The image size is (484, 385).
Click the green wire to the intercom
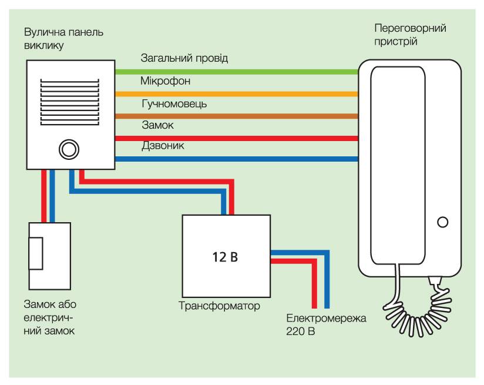(235, 72)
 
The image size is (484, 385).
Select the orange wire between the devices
(235, 93)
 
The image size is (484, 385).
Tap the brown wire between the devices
(235, 116)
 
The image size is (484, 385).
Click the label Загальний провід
(184, 59)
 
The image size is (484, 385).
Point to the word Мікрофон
(165, 81)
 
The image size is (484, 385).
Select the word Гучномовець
(174, 103)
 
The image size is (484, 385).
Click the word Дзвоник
(163, 146)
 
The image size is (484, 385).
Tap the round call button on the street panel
(68, 149)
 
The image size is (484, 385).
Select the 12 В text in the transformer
(226, 257)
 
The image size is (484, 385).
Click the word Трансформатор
(219, 306)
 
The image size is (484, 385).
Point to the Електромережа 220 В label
(326, 325)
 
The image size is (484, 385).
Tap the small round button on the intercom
(443, 222)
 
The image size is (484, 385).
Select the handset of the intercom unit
(397, 165)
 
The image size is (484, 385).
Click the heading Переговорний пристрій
(410, 35)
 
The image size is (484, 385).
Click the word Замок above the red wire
(158, 125)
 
